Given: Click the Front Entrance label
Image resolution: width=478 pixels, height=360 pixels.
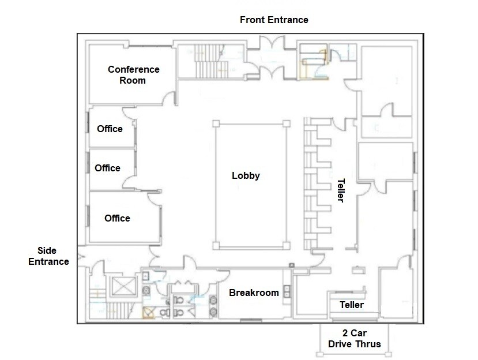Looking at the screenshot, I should [274, 20].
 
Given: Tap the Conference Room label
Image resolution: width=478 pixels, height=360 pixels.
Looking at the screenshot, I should [133, 75].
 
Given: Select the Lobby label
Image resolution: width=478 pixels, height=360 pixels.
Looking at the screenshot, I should [246, 176].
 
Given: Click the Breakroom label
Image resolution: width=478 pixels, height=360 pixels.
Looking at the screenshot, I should [254, 292].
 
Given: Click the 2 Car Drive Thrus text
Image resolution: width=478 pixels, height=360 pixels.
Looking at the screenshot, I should [354, 339].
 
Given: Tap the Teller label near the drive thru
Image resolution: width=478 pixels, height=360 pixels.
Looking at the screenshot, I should [351, 305].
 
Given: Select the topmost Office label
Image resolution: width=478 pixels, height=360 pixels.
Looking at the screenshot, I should [110, 129].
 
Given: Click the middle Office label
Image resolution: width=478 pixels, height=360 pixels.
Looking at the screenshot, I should [107, 168].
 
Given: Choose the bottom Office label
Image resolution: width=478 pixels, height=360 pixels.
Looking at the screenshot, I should [117, 218].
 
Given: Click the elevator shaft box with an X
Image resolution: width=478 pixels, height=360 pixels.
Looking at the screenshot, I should [122, 286].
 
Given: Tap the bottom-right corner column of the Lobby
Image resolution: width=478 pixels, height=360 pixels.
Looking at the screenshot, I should [285, 246].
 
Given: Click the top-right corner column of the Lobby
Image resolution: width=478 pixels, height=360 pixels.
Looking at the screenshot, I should [285, 123].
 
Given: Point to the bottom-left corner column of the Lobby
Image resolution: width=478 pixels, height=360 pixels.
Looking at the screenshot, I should [215, 246].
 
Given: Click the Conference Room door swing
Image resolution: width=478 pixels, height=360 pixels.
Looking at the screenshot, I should [168, 100].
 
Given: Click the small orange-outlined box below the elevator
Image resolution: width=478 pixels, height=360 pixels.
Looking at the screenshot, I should [149, 313].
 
